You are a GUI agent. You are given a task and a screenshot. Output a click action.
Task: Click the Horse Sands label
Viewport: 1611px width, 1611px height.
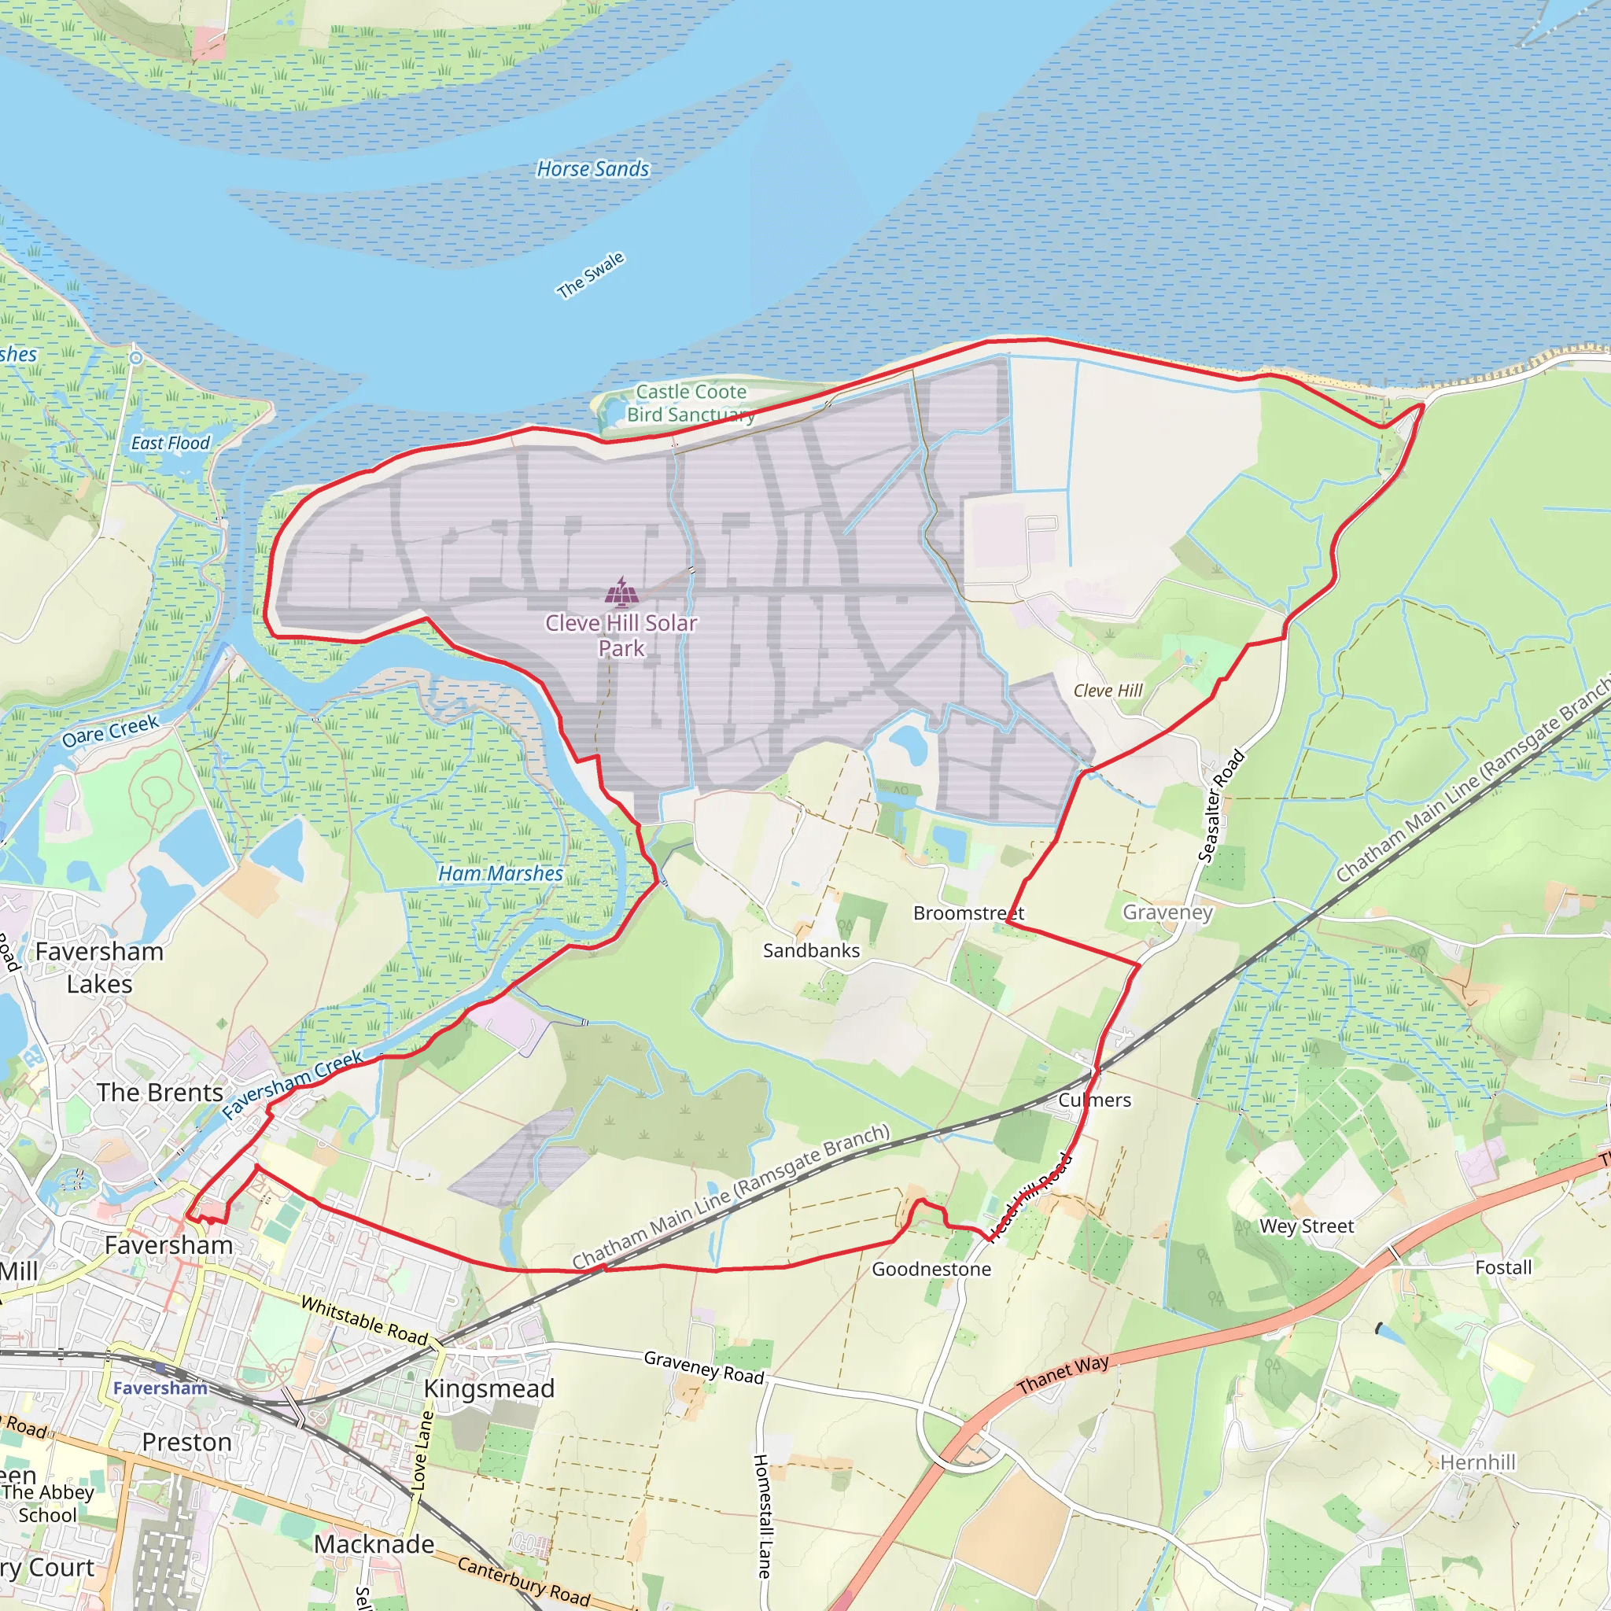point(592,169)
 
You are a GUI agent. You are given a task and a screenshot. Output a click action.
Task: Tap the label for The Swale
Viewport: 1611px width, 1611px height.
point(591,275)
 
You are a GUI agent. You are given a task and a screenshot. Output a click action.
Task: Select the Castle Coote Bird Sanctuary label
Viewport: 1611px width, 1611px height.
point(691,403)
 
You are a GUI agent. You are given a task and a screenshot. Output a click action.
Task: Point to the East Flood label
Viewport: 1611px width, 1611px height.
point(170,444)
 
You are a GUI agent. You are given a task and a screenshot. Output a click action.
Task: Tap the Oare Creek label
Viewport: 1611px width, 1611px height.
point(110,731)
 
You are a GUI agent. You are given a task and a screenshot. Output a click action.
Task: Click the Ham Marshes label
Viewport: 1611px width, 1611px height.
point(500,874)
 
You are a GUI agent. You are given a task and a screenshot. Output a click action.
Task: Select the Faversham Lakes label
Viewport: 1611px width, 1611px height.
point(99,968)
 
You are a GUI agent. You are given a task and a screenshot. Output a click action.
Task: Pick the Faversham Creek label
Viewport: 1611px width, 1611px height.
point(292,1084)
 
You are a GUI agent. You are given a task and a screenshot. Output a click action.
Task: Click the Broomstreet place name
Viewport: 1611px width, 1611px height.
point(968,913)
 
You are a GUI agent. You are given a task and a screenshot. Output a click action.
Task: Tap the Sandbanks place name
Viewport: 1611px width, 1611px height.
point(810,950)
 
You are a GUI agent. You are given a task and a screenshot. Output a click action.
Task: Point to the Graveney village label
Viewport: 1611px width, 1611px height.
point(1167,912)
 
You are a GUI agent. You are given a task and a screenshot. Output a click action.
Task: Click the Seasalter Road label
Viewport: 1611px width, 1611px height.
point(1221,805)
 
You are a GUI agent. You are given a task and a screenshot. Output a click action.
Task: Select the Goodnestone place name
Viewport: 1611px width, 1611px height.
point(931,1269)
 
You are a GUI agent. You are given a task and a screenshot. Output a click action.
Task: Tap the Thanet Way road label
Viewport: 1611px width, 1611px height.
point(1064,1374)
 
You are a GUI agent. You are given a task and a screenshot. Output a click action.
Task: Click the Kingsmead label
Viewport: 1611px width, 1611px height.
point(488,1389)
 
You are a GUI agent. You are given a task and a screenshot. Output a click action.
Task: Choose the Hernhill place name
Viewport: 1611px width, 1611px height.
point(1477,1462)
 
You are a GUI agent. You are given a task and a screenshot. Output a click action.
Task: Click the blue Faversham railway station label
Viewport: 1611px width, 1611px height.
point(160,1388)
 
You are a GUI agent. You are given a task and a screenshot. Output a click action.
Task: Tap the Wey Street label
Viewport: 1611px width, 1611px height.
point(1307,1226)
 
